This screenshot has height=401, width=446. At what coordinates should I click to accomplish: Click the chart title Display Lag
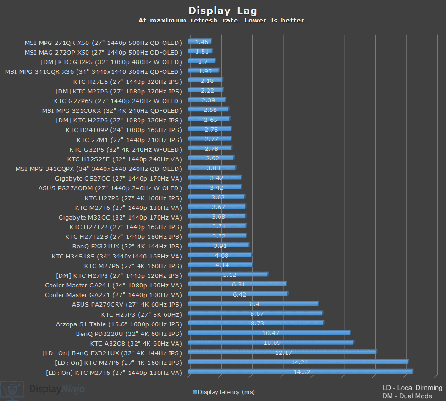pos(223,11)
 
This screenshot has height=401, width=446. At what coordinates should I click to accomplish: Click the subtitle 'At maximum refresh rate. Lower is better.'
pos(223,21)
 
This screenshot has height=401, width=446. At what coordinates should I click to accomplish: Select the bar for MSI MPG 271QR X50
pos(200,42)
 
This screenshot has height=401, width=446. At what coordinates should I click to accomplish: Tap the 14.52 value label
pos(302,372)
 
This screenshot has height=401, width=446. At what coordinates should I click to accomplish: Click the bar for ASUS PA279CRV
pos(253,303)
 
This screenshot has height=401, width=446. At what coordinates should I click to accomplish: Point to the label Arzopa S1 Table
pos(119,324)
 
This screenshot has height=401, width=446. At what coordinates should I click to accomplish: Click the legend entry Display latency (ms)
pos(224,392)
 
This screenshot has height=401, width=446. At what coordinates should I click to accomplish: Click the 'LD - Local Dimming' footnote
pos(412,388)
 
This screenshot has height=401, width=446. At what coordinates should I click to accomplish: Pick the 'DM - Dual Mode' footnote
pos(407,396)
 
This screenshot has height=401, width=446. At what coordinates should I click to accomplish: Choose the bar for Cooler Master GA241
pos(237,284)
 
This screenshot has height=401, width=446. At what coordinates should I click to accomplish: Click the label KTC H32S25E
pos(124,159)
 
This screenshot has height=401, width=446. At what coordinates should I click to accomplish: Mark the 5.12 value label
pos(229,275)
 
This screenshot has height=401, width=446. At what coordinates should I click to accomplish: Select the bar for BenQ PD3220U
pos(269,333)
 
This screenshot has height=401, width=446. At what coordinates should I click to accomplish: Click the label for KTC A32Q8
pos(136,343)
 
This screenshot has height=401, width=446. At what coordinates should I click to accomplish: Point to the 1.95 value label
pos(205,71)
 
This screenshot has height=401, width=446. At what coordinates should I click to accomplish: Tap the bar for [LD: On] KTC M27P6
pos(298,362)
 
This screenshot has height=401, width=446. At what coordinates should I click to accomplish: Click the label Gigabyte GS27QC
pos(118,178)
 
